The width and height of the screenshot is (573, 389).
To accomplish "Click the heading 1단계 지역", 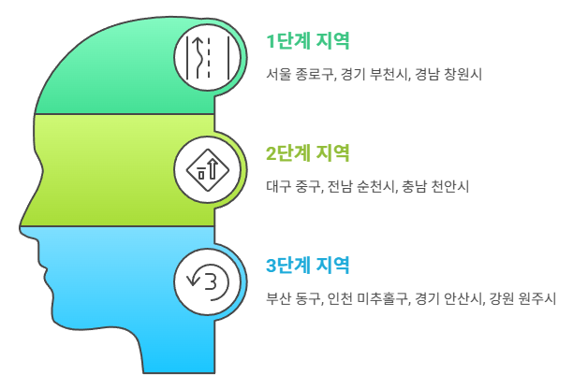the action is click(x=308, y=41).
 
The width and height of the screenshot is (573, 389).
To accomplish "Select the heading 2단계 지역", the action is click(x=308, y=152).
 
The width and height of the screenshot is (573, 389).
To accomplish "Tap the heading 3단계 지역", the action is click(x=308, y=266).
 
